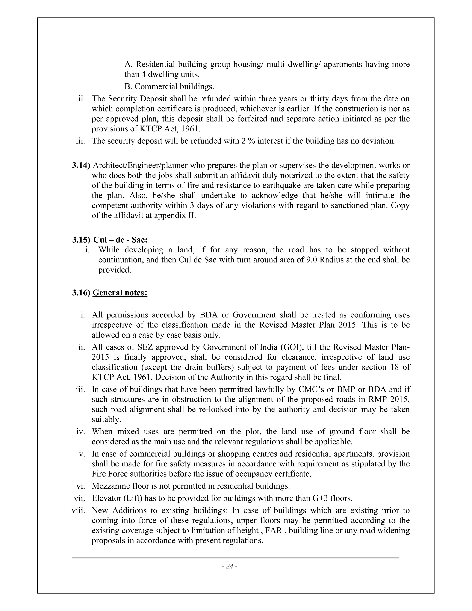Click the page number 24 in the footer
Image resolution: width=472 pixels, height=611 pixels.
click(x=230, y=566)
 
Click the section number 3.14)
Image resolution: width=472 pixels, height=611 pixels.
click(x=81, y=165)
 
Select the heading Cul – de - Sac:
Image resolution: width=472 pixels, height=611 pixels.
click(x=121, y=240)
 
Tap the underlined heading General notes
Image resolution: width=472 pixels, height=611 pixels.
click(x=119, y=293)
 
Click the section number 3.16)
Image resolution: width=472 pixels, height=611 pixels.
click(x=81, y=293)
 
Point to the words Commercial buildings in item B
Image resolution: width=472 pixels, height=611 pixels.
click(x=174, y=86)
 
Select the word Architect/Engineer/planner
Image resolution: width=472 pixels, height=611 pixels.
click(x=140, y=165)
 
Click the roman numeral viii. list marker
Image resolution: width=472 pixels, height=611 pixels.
click(x=78, y=510)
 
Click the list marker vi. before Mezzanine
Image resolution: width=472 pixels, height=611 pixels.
click(x=80, y=486)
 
